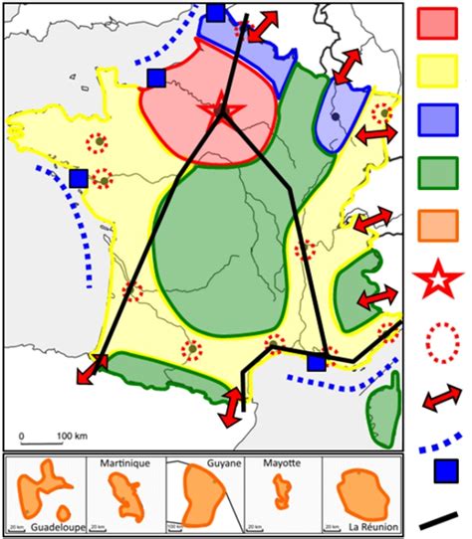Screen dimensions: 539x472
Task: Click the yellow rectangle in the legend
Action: pyautogui.click(x=439, y=72)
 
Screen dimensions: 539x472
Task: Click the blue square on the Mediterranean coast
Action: pyautogui.click(x=317, y=363)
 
